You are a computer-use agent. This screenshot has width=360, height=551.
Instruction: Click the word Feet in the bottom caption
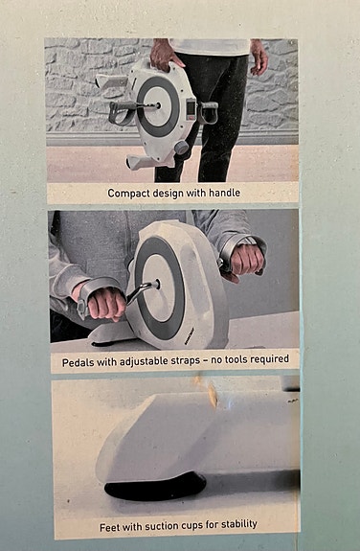coord(108,527)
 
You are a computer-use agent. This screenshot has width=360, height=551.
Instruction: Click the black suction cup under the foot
coord(155,487)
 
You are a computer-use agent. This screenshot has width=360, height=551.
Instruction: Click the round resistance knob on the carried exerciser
coord(182,148)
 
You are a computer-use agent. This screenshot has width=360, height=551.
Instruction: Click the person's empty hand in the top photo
coord(259,57)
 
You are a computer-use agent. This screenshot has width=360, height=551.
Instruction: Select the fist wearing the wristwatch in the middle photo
coord(246,259)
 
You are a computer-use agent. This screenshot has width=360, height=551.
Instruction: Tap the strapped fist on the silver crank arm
coord(106,303)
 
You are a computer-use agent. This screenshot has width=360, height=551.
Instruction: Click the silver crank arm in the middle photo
coord(142,291)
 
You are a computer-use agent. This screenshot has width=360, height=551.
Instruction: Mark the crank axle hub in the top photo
coord(159,105)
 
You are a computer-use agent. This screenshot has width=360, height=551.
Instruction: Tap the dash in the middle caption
coord(205,360)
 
